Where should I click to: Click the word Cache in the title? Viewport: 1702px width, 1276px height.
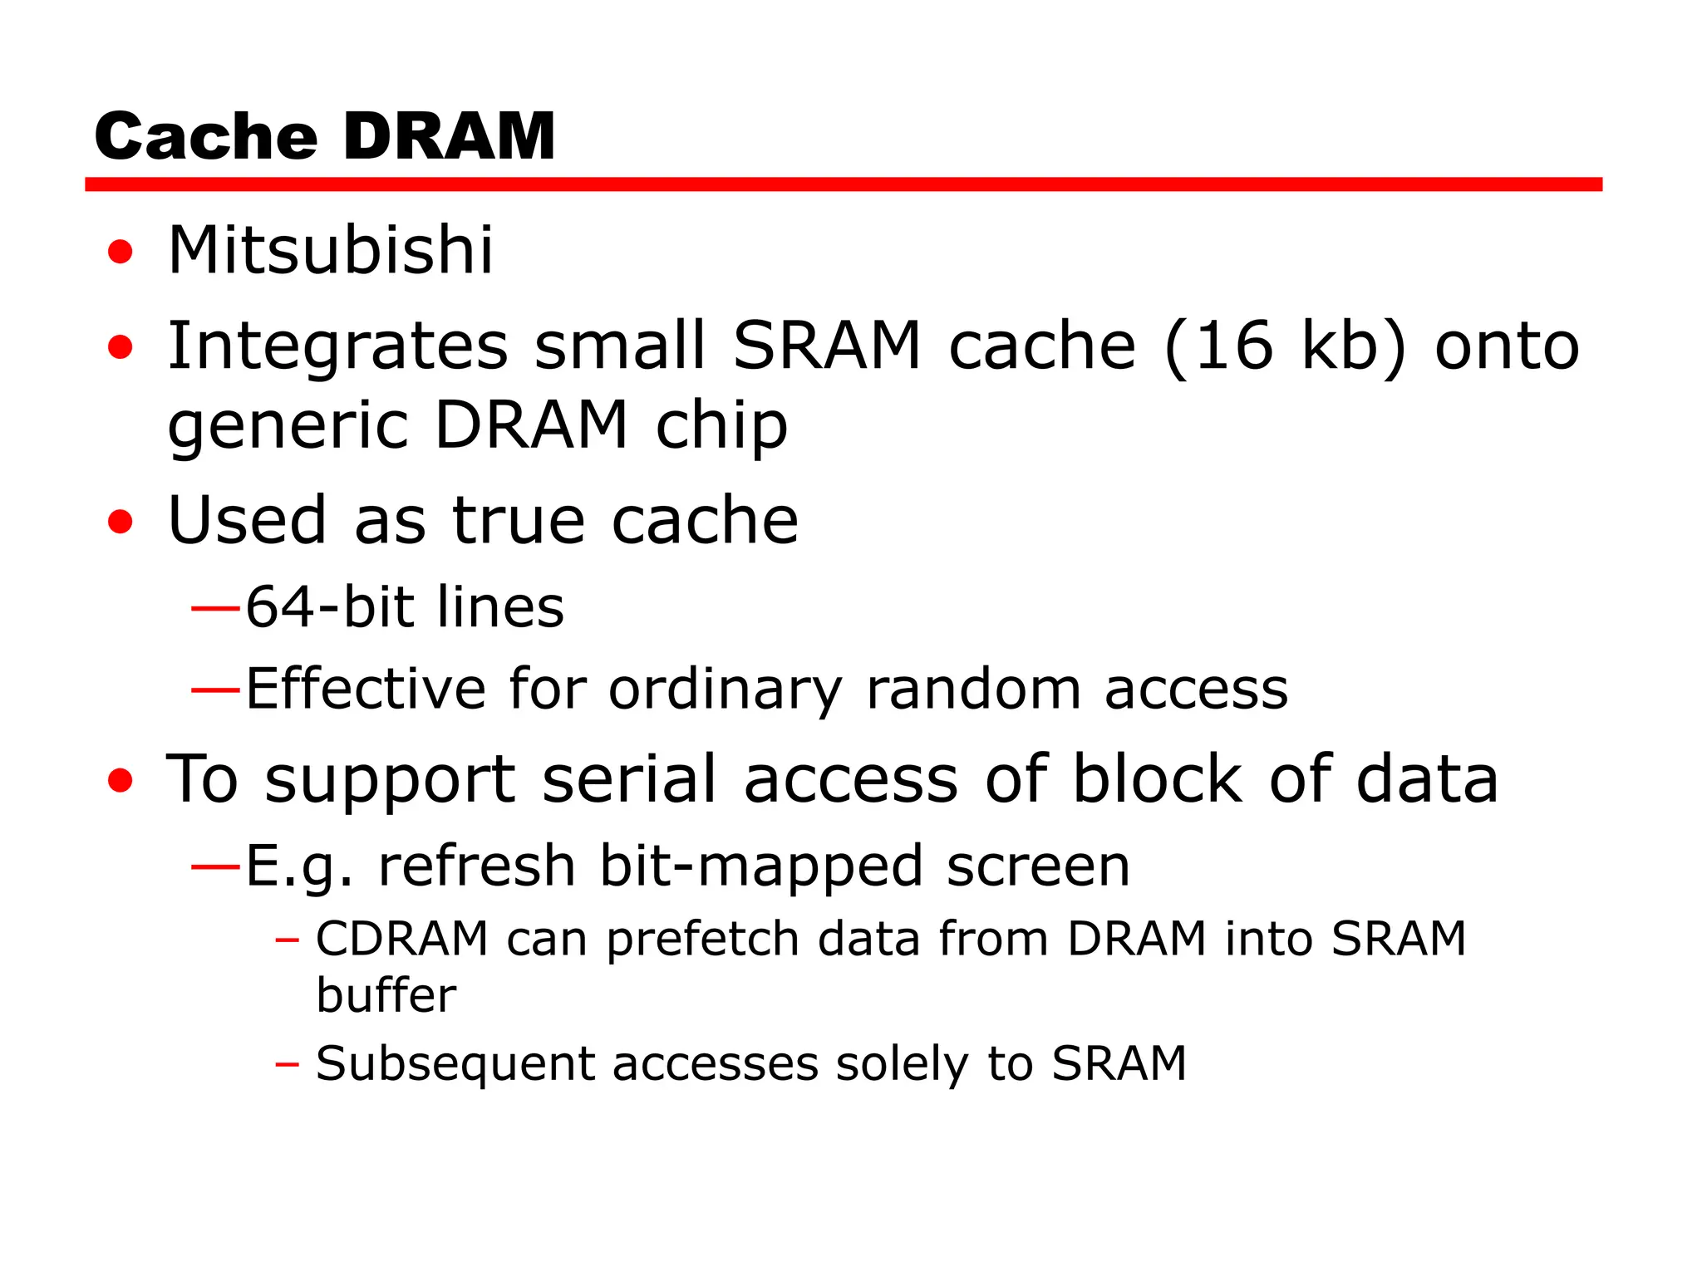206,136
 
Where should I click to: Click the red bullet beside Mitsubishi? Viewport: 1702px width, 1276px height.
121,251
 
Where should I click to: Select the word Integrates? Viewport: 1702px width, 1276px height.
337,346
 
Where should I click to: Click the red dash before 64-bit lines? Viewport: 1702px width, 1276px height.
215,608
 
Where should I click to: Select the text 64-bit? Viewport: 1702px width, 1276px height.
330,606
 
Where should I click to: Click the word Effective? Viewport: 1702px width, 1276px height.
366,689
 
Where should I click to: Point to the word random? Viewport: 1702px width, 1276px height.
973,689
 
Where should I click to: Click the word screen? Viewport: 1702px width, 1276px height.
1038,866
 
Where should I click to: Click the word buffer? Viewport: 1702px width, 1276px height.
386,994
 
